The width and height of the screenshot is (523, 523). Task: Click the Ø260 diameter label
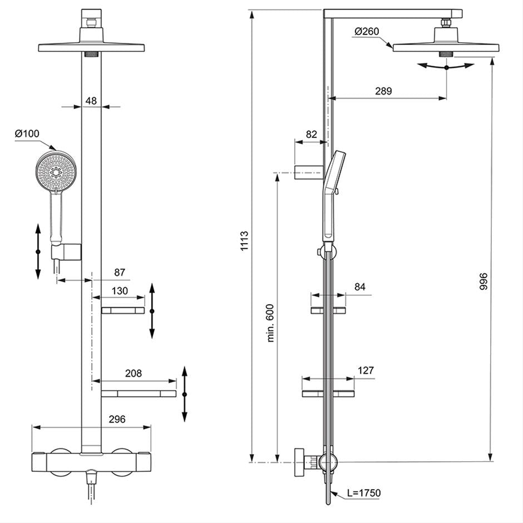pos(367,31)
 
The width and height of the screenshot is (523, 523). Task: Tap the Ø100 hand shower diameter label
pos(27,134)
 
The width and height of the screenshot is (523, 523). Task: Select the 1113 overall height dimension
pos(244,241)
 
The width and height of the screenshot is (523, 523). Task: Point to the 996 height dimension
pos(483,281)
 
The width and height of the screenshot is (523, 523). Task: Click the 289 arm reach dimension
pos(383,91)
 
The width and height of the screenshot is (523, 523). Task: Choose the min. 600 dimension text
pos(270,323)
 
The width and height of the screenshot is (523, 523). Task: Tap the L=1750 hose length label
pos(363,492)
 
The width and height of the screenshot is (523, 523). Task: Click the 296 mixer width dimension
pos(117,419)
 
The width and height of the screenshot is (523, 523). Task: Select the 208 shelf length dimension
pos(134,373)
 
